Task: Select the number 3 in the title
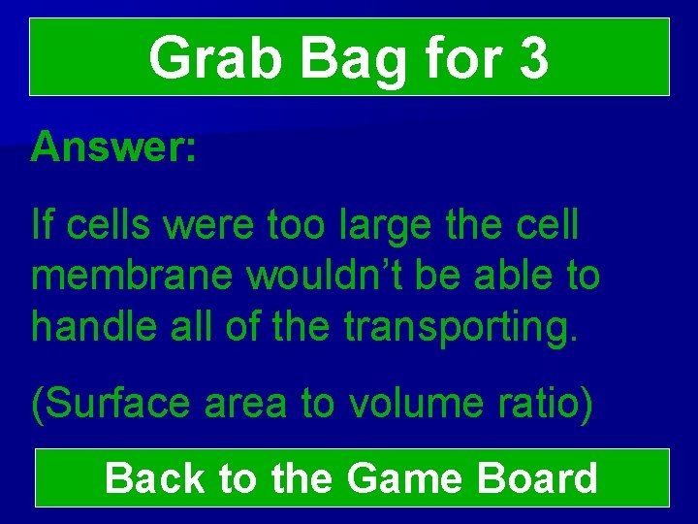[533, 58]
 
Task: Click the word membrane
[133, 277]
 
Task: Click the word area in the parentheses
[246, 404]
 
